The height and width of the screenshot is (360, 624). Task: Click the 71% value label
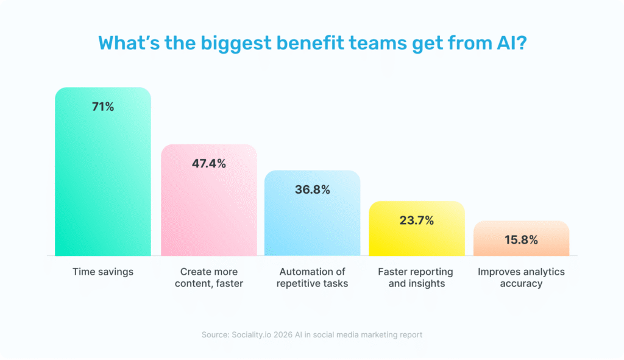[102, 107]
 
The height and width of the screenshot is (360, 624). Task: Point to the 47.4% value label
[208, 163]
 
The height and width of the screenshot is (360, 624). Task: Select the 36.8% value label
[312, 189]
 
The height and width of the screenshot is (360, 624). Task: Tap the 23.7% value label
[417, 221]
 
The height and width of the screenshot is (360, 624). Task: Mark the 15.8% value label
[521, 239]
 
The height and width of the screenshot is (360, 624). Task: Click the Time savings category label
[102, 272]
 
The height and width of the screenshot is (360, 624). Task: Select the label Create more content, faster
[208, 277]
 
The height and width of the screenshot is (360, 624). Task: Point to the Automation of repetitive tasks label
[312, 277]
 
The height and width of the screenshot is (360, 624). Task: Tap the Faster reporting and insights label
[417, 277]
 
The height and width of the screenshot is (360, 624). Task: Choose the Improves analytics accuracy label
[521, 277]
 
